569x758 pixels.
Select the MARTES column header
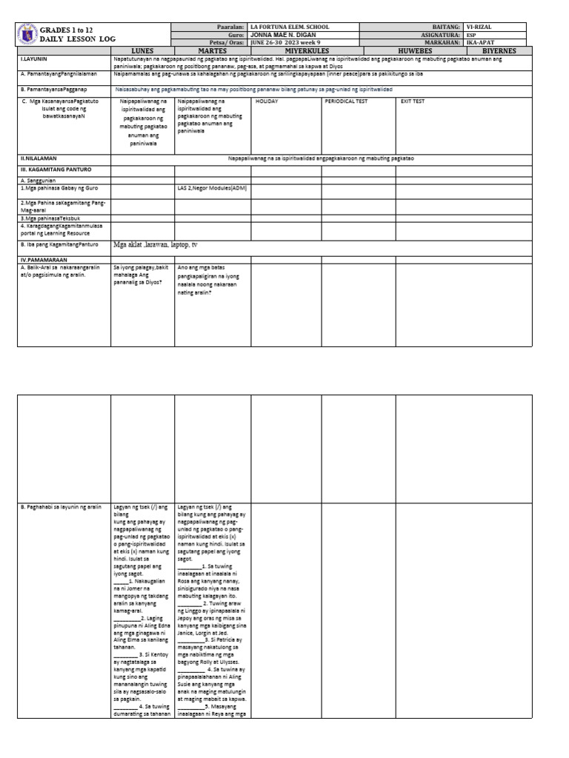pyautogui.click(x=212, y=50)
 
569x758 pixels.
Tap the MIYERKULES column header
pyautogui.click(x=286, y=50)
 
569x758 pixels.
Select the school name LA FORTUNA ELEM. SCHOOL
pyautogui.click(x=290, y=27)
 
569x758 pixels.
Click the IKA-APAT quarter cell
pyautogui.click(x=482, y=42)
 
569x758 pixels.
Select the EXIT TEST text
pyautogui.click(x=413, y=101)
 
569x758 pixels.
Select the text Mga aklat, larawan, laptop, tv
pyautogui.click(x=155, y=244)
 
